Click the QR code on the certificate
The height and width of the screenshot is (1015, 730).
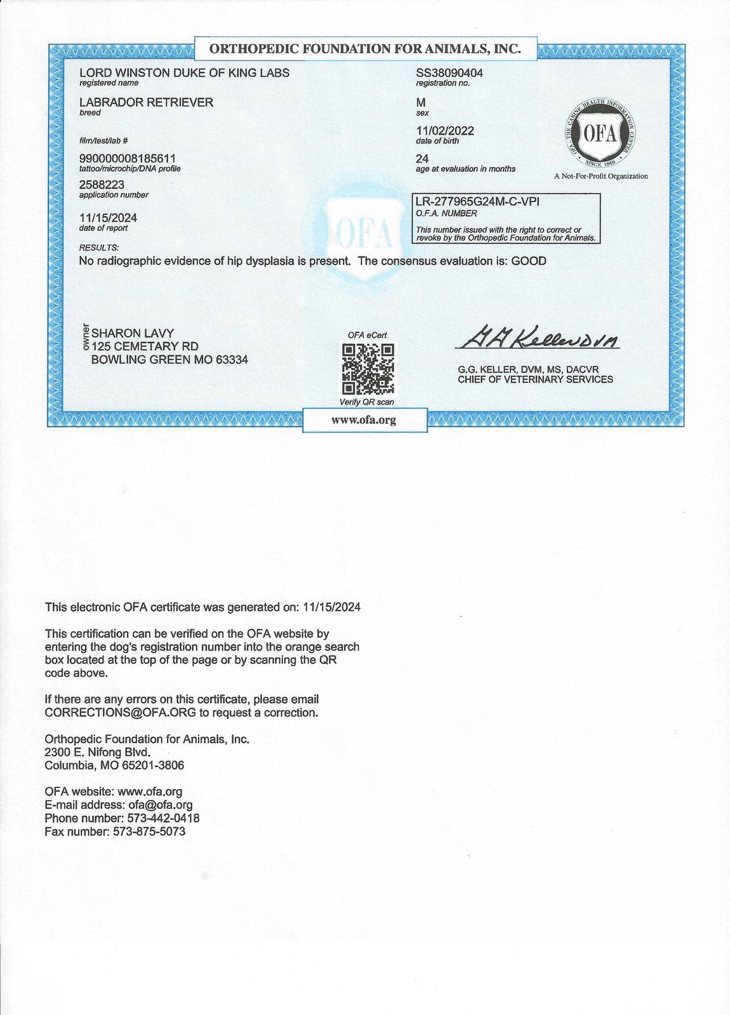pos(368,369)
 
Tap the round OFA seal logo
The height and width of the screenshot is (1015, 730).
pos(600,134)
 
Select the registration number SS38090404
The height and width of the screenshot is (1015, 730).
pos(449,73)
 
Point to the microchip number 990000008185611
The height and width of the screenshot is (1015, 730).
pos(128,158)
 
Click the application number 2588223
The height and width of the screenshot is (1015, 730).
pos(102,185)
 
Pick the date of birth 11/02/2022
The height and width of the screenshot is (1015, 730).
pos(445,131)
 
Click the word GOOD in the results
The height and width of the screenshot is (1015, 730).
pos(529,261)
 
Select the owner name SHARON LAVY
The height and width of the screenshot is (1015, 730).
pos(133,333)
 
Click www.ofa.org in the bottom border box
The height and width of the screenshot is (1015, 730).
pos(364,420)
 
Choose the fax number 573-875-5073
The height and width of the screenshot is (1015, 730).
pos(149,832)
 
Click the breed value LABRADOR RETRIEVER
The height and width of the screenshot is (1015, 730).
pos(146,102)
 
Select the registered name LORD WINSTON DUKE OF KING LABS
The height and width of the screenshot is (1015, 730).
pos(184,73)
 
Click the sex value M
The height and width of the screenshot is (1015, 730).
pos(421,102)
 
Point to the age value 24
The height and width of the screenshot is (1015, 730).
pos(422,159)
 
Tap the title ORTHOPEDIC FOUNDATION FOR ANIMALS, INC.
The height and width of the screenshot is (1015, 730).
pos(365,48)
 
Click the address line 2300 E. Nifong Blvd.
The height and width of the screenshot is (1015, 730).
pos(98,752)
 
